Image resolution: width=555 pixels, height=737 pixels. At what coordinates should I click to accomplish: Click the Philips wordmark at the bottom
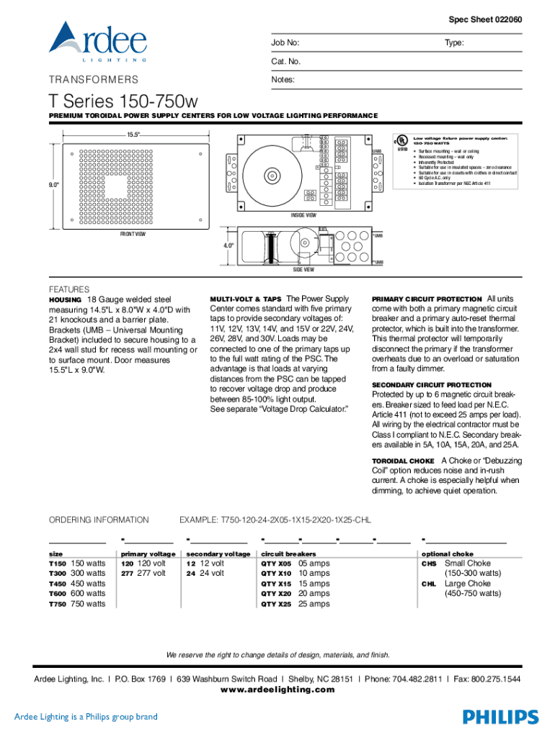point(500,716)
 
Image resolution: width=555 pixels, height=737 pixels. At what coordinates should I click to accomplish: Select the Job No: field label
point(285,44)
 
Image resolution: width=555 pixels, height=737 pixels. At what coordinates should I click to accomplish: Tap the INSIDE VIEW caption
point(303,215)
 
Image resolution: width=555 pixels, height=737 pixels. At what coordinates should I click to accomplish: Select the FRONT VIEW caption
point(133,235)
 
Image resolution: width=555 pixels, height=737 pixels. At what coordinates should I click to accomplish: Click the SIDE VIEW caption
point(303,269)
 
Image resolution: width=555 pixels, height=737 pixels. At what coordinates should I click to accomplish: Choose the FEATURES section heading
point(68,289)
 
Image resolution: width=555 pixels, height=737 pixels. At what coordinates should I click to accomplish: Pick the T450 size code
point(57,584)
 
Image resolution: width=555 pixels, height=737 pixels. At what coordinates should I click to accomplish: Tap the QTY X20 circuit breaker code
point(276,594)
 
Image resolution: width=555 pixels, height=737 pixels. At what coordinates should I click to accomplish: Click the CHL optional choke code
point(429,584)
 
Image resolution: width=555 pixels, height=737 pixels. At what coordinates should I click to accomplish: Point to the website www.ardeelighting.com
point(277,689)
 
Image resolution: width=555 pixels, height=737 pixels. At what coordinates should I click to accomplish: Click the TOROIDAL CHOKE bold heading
point(403,461)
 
